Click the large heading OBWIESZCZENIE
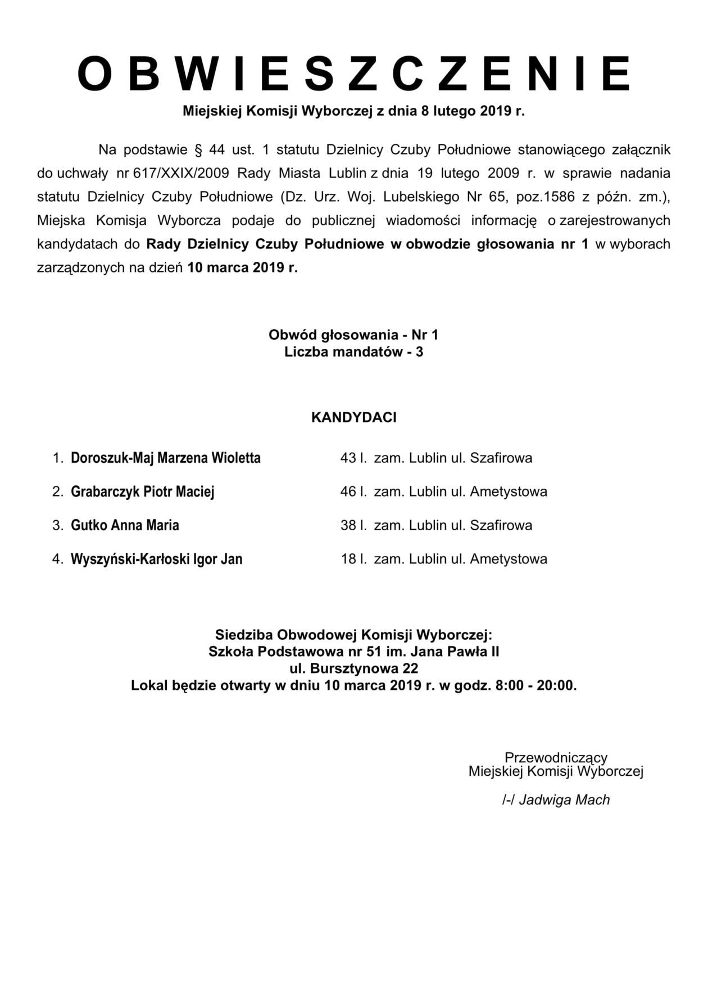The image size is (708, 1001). point(354,74)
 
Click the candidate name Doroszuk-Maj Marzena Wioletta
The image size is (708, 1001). point(166,458)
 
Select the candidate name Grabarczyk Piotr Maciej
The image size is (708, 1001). point(143,492)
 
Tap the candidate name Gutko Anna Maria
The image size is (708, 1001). point(125,525)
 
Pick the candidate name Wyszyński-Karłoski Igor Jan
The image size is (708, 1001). point(156,559)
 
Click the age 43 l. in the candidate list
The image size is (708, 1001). point(353,458)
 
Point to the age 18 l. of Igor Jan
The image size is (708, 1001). point(353,559)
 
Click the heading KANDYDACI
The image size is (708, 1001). point(354,417)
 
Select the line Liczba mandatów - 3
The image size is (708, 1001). point(354,352)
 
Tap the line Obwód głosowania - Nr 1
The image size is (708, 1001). point(354,335)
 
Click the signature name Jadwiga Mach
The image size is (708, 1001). point(564,800)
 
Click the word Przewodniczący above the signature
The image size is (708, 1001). point(556,758)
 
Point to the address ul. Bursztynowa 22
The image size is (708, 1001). point(354,669)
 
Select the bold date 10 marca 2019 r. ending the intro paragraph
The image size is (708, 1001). point(242,267)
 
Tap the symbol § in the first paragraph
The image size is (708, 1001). point(198,150)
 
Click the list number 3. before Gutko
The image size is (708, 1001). point(58,525)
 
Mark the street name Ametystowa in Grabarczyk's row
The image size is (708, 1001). point(509,492)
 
